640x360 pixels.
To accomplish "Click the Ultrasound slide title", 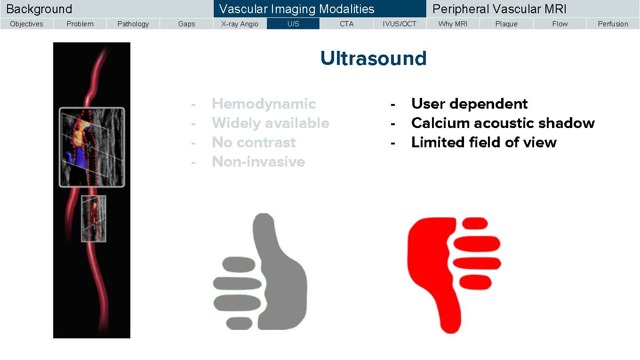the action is pyautogui.click(x=374, y=58).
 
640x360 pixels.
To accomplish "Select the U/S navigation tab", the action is pyautogui.click(x=293, y=24).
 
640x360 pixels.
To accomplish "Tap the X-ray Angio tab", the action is pyautogui.click(x=240, y=24).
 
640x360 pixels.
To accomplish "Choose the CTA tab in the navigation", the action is pyautogui.click(x=346, y=24).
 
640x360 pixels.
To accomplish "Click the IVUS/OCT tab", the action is pyautogui.click(x=400, y=24).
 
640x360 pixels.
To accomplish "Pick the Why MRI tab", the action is pyautogui.click(x=453, y=24).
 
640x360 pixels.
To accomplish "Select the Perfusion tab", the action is pyautogui.click(x=613, y=24).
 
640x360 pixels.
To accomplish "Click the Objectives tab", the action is pyautogui.click(x=26, y=24).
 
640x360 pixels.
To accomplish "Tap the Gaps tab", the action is pyautogui.click(x=186, y=24).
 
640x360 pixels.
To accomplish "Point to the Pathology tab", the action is pyautogui.click(x=133, y=24).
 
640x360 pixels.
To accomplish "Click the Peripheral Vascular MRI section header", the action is pyautogui.click(x=499, y=9).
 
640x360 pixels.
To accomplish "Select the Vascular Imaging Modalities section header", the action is pyautogui.click(x=296, y=9).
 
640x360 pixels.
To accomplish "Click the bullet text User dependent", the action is pyautogui.click(x=470, y=104).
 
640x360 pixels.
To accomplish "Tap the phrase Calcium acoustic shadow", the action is pyautogui.click(x=503, y=123).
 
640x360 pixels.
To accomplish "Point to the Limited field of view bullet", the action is pyautogui.click(x=484, y=142).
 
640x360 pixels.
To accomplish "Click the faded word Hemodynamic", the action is pyautogui.click(x=264, y=104).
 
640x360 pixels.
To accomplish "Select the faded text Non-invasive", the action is pyautogui.click(x=258, y=162).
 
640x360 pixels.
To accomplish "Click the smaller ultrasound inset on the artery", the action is pyautogui.click(x=94, y=218).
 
